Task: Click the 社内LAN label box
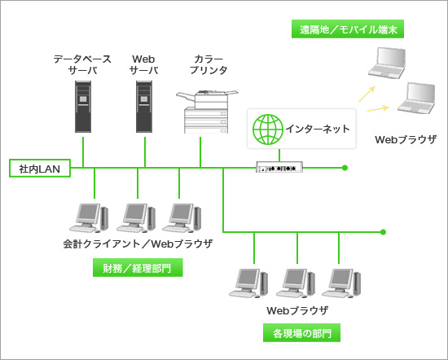(x=40, y=169)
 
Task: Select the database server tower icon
(x=83, y=107)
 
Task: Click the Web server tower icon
(x=144, y=107)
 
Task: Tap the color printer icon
(x=207, y=112)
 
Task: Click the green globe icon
(x=268, y=130)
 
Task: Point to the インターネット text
(x=318, y=129)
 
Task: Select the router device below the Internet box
(x=279, y=167)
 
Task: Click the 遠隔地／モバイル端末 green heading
(x=348, y=29)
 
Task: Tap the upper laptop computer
(x=387, y=63)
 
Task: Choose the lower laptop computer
(x=416, y=98)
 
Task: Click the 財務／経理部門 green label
(x=138, y=268)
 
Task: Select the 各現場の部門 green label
(x=301, y=332)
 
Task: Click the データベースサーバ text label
(x=82, y=64)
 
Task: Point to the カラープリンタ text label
(x=209, y=64)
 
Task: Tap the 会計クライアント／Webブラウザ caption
(x=138, y=244)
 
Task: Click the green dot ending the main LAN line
(x=345, y=168)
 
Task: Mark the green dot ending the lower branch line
(x=383, y=232)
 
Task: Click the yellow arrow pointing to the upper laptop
(x=367, y=94)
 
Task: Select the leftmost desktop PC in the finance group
(x=89, y=217)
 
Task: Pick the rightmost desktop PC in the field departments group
(x=341, y=283)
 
